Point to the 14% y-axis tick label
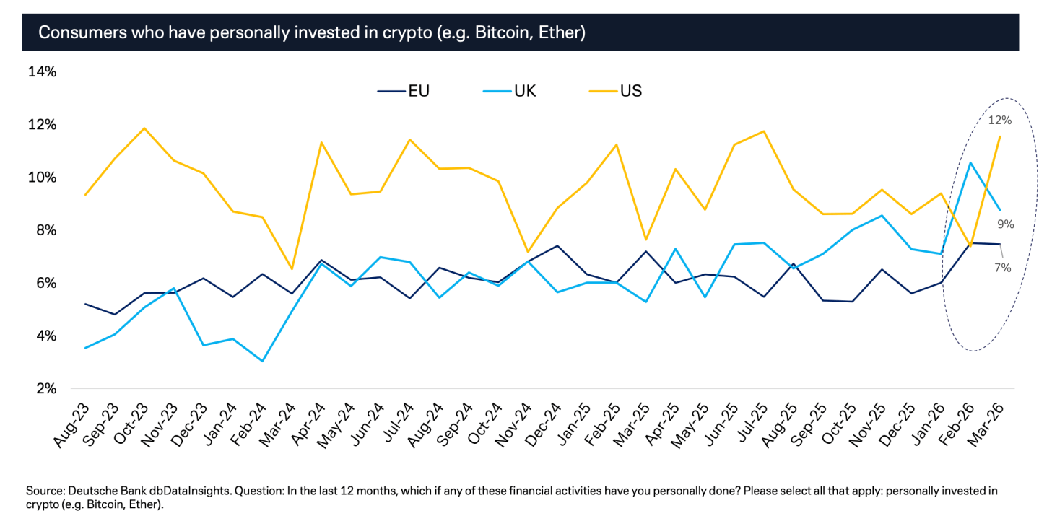[42, 71]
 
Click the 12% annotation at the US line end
[999, 120]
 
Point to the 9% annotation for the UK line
[1006, 224]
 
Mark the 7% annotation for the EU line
[1002, 268]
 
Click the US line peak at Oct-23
[144, 128]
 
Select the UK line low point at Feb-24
[261, 361]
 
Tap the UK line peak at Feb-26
[971, 162]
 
